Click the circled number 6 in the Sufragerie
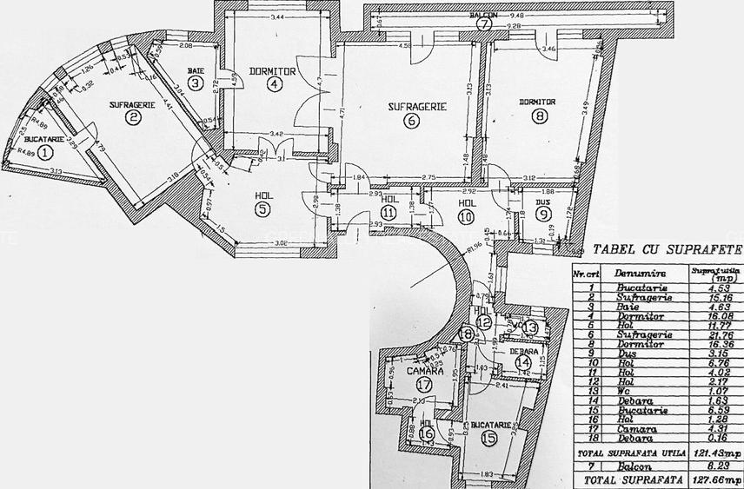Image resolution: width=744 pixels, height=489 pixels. [x=410, y=122]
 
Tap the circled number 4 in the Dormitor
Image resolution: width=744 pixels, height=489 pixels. [x=275, y=84]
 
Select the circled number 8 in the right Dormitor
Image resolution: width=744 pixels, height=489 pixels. [x=542, y=116]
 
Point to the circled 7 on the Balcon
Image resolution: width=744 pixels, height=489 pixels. [x=484, y=24]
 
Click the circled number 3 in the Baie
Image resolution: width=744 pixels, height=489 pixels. [x=196, y=84]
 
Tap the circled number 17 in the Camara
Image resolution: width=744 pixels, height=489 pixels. [x=423, y=383]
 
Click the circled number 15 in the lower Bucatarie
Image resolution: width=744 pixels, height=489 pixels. [x=489, y=438]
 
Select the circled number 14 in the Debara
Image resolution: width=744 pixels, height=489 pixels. [x=522, y=362]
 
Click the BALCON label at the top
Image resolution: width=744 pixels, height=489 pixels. [x=484, y=15]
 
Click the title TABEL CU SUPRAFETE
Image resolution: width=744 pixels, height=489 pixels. [x=668, y=250]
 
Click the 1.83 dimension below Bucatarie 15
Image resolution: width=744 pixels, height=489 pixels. [x=491, y=473]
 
